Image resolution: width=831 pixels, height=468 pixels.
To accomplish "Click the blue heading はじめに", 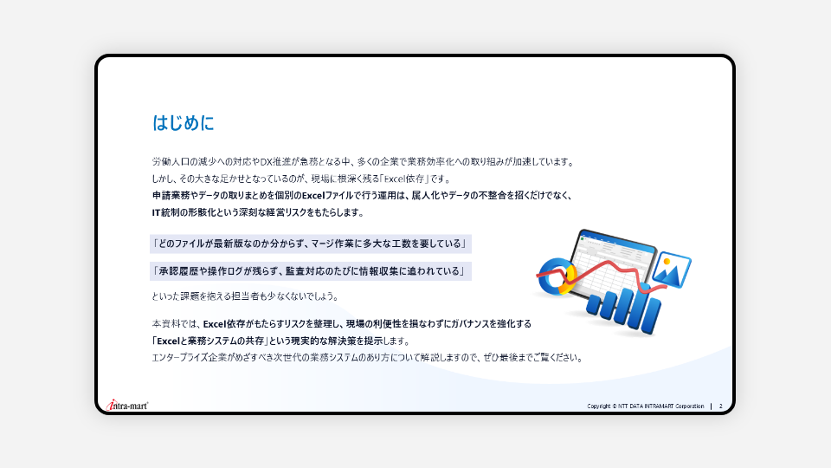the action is [183, 122].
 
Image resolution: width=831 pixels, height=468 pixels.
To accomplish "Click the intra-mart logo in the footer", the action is [127, 406].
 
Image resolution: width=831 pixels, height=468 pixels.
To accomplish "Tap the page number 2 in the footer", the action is [721, 406].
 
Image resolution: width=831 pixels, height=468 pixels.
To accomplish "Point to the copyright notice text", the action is [646, 406].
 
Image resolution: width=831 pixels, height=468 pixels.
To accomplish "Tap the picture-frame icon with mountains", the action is [671, 270].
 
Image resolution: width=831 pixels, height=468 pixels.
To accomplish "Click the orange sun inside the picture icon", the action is [667, 262].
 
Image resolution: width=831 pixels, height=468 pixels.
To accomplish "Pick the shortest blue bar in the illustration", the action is [594, 306].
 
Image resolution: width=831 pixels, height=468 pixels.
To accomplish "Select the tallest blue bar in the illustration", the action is [650, 312].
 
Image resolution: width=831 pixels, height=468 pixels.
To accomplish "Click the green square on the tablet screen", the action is [583, 239].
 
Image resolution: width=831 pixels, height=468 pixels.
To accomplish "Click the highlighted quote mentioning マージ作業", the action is [310, 244].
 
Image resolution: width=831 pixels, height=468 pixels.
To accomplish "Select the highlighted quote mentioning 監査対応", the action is [310, 271].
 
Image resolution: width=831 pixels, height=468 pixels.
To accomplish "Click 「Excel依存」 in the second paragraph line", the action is [404, 179].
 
